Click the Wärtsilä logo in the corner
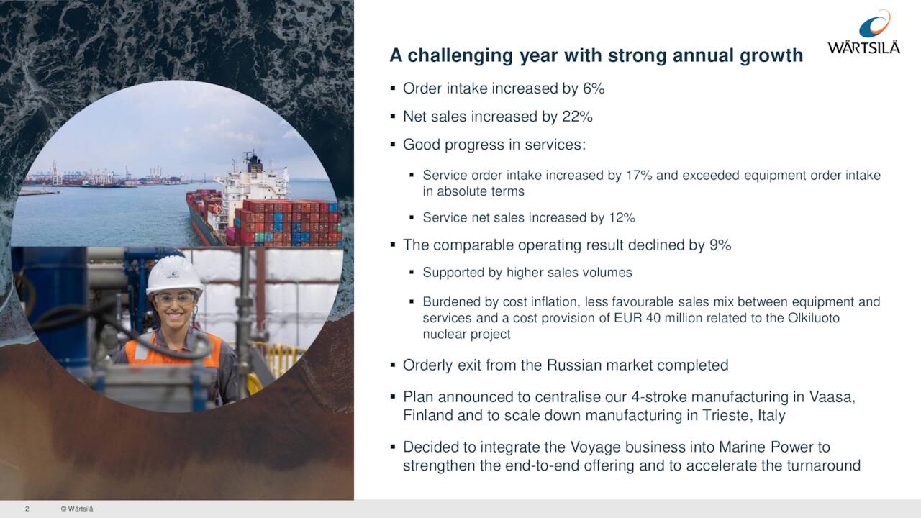tap(863, 33)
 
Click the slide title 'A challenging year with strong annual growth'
tap(596, 55)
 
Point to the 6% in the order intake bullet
tap(593, 88)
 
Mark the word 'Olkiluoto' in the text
tap(812, 318)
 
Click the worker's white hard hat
tap(174, 274)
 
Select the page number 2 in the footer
tap(27, 509)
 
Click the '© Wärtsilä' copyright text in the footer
tap(77, 509)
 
